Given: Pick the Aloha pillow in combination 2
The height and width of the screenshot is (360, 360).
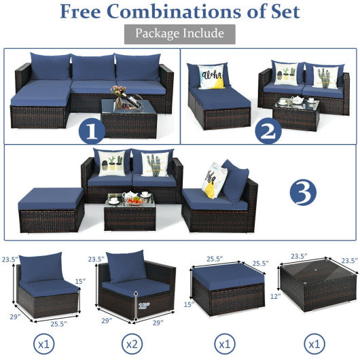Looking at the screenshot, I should point(211,76).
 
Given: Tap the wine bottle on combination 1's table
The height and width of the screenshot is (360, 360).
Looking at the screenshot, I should point(120,101).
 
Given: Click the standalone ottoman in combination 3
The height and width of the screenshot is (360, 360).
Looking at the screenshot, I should point(51,208).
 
